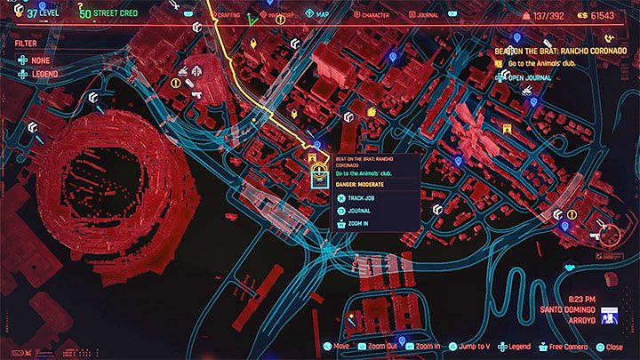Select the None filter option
pyautogui.click(x=35, y=60)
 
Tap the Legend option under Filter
pyautogui.click(x=39, y=75)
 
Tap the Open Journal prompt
pyautogui.click(x=531, y=77)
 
